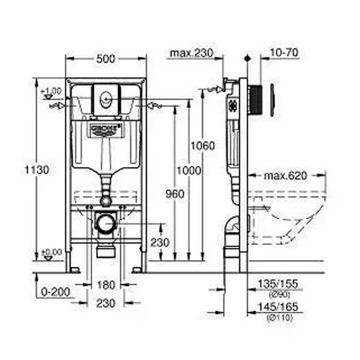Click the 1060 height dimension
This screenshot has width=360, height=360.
coord(202,145)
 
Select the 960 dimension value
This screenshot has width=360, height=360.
coord(174,194)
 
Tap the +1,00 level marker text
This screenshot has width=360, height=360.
coord(51,91)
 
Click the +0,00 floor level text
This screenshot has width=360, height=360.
coord(51,251)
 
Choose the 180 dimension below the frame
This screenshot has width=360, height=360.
coord(105,284)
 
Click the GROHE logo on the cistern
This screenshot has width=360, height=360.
coord(106,129)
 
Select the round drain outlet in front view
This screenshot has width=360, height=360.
coord(106,222)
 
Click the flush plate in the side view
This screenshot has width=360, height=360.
coord(272,100)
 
